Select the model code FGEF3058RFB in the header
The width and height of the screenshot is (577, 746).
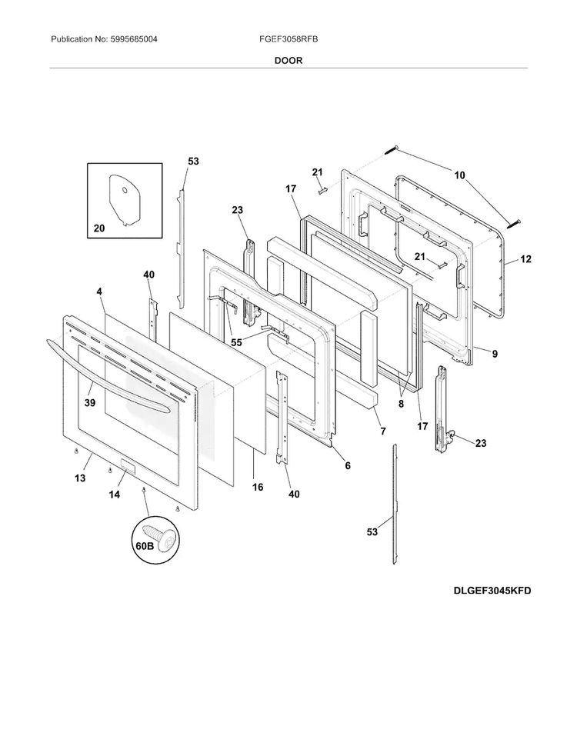pyautogui.click(x=288, y=39)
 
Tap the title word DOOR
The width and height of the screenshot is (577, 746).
pyautogui.click(x=288, y=61)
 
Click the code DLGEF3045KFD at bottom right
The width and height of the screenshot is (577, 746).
pyautogui.click(x=492, y=591)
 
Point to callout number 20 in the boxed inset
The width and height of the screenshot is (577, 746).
pyautogui.click(x=99, y=228)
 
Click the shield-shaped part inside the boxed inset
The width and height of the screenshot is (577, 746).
pyautogui.click(x=125, y=200)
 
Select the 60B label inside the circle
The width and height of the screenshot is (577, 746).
pyautogui.click(x=145, y=546)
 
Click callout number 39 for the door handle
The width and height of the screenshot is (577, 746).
pyautogui.click(x=89, y=402)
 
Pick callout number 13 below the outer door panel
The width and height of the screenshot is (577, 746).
pyautogui.click(x=80, y=478)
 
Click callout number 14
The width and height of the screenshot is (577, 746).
pyautogui.click(x=115, y=495)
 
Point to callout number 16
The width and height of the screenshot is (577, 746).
pyautogui.click(x=258, y=487)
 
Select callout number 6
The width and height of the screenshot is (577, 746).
pyautogui.click(x=348, y=466)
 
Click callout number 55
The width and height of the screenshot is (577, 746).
pyautogui.click(x=236, y=342)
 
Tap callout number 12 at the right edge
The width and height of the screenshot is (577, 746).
pyautogui.click(x=525, y=259)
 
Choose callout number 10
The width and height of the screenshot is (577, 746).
pyautogui.click(x=459, y=175)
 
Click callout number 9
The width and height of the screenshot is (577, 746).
pyautogui.click(x=495, y=354)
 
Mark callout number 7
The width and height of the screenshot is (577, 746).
pyautogui.click(x=383, y=431)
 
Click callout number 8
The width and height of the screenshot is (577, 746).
pyautogui.click(x=401, y=405)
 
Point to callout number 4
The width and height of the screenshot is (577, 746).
pyautogui.click(x=99, y=291)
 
